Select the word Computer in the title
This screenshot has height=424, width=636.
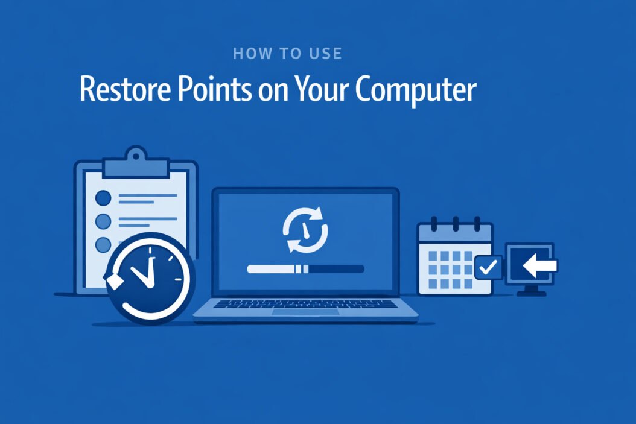[416, 90]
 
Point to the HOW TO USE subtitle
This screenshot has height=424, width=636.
[287, 54]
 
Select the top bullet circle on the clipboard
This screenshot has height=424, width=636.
[104, 197]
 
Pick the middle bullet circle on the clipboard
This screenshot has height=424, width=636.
[104, 221]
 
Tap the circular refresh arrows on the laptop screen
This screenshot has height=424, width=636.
[305, 229]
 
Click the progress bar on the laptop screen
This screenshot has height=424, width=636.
[305, 268]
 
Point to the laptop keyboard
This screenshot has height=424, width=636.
[305, 303]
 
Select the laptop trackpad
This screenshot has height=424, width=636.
[305, 312]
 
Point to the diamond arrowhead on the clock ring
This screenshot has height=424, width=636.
[111, 280]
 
